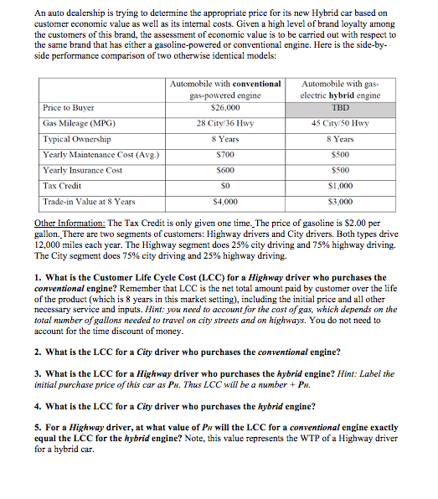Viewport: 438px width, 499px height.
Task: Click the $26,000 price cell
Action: [x=224, y=108]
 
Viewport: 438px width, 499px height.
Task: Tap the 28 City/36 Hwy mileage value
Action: [x=224, y=124]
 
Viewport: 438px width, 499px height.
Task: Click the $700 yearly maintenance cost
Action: [x=224, y=155]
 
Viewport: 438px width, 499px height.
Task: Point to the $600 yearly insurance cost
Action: [x=224, y=171]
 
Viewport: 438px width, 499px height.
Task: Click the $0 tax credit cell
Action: [x=224, y=187]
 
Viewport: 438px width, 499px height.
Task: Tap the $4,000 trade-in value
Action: [x=224, y=203]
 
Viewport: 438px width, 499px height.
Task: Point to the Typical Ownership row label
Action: [x=77, y=139]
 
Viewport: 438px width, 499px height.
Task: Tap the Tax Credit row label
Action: [x=62, y=187]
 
